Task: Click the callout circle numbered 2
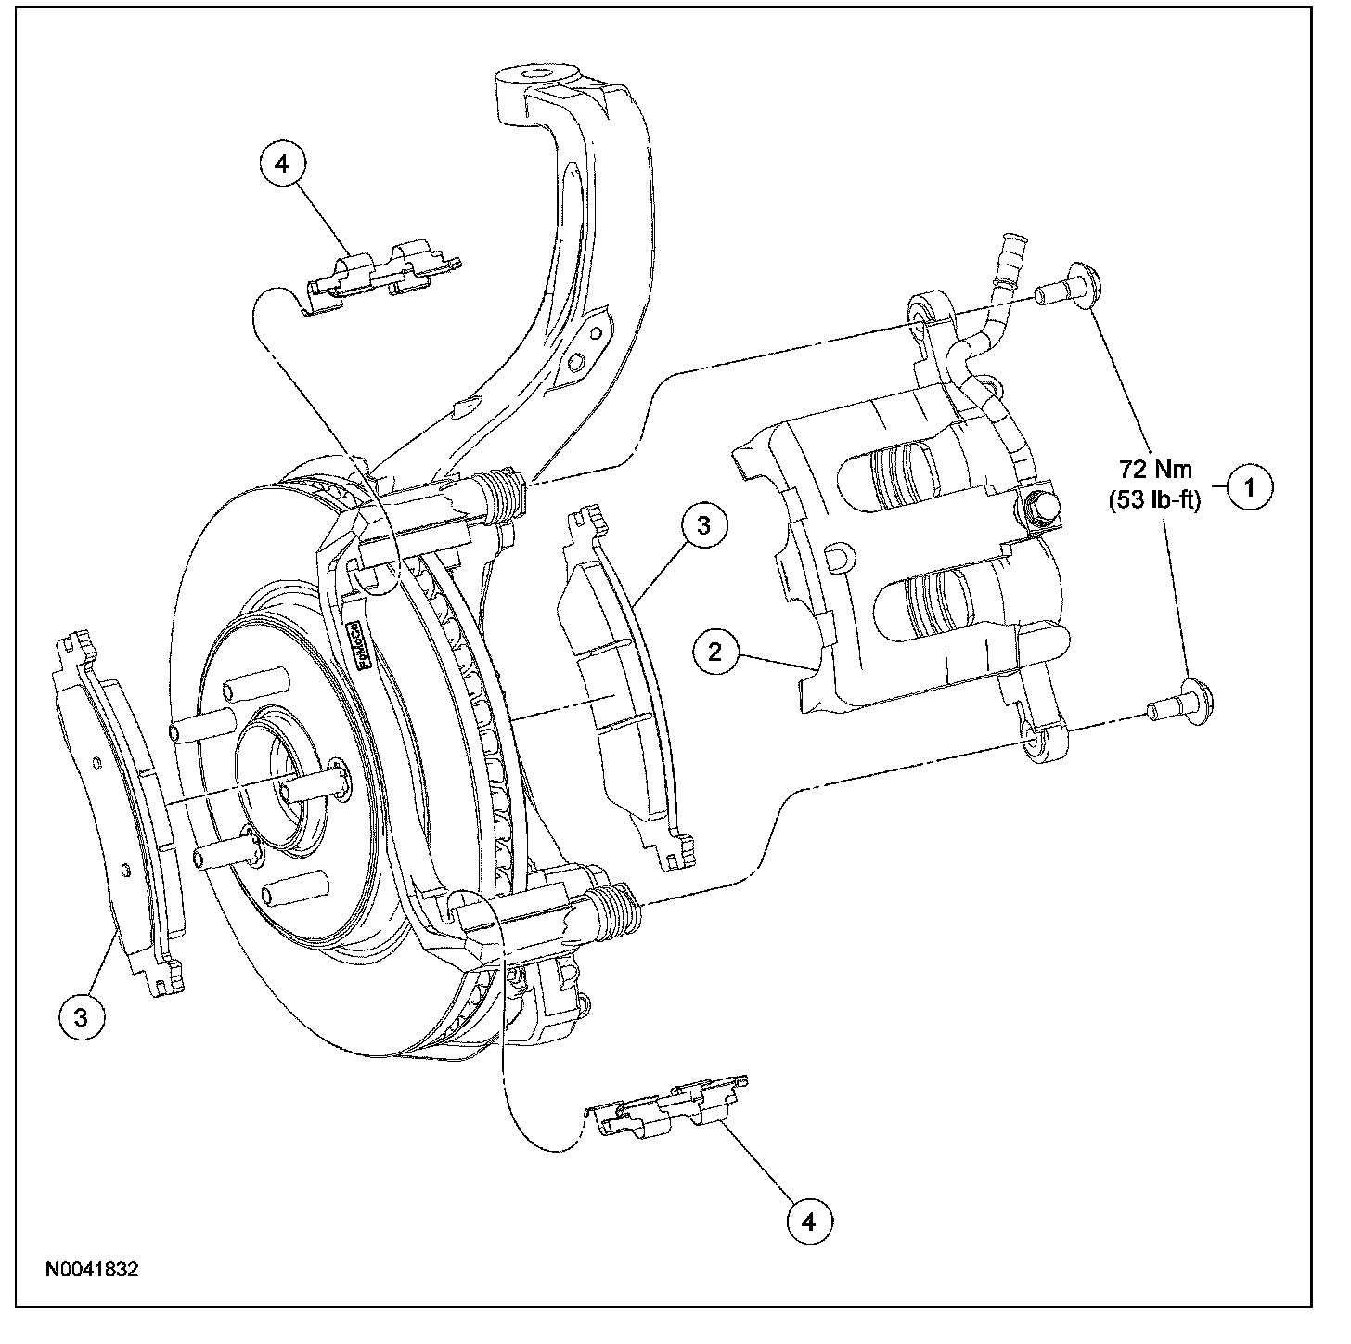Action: [x=714, y=652]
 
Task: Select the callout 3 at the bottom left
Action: [x=82, y=1016]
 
